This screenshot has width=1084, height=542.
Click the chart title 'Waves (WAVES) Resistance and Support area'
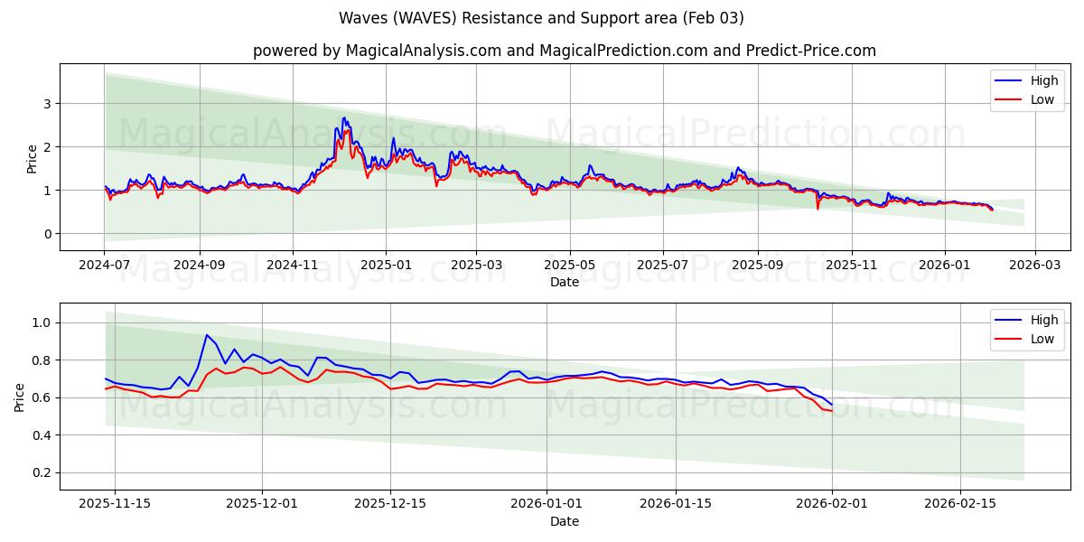pos(541,18)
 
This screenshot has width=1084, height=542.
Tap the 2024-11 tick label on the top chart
pos(293,266)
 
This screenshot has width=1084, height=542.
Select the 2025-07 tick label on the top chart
pos(662,266)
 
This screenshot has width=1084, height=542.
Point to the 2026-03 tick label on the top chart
pos(1035,266)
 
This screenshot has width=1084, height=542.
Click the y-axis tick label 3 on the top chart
pos(47,104)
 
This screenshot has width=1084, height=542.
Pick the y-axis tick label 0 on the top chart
pos(47,234)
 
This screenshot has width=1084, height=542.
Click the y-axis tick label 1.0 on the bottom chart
pos(42,322)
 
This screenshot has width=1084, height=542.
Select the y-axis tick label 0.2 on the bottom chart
pos(42,472)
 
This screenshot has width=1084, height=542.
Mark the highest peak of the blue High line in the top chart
pos(343,117)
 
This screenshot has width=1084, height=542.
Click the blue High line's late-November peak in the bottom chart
pos(207,335)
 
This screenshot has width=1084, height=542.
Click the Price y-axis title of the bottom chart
pos(20,397)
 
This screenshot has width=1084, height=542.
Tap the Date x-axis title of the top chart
pos(565,282)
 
